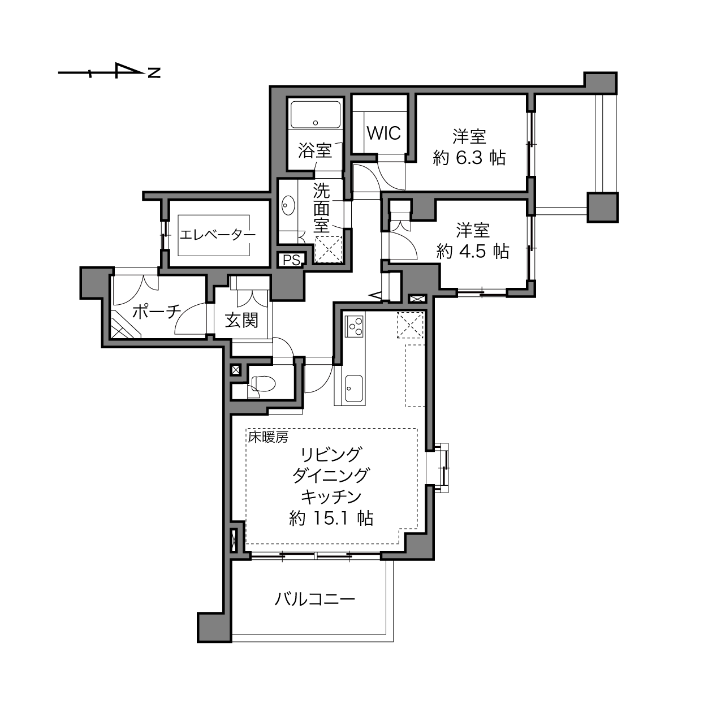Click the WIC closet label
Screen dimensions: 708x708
coord(383,133)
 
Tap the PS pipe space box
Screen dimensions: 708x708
coord(291,260)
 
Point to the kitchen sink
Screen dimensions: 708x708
coord(355,388)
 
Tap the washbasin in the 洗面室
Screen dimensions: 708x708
coord(288,205)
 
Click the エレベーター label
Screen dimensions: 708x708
coord(218,235)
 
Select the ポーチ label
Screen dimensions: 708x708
coord(157,312)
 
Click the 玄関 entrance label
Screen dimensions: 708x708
coord(241,321)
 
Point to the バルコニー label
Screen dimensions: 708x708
coord(315,601)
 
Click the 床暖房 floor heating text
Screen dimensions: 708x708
coord(268,437)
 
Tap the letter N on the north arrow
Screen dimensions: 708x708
coord(154,73)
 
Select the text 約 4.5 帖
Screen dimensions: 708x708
coord(473,252)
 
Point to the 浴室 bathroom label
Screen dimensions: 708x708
coord(315,150)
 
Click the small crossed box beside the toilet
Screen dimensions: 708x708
coord(235,370)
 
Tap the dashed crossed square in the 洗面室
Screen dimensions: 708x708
coord(329,250)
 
